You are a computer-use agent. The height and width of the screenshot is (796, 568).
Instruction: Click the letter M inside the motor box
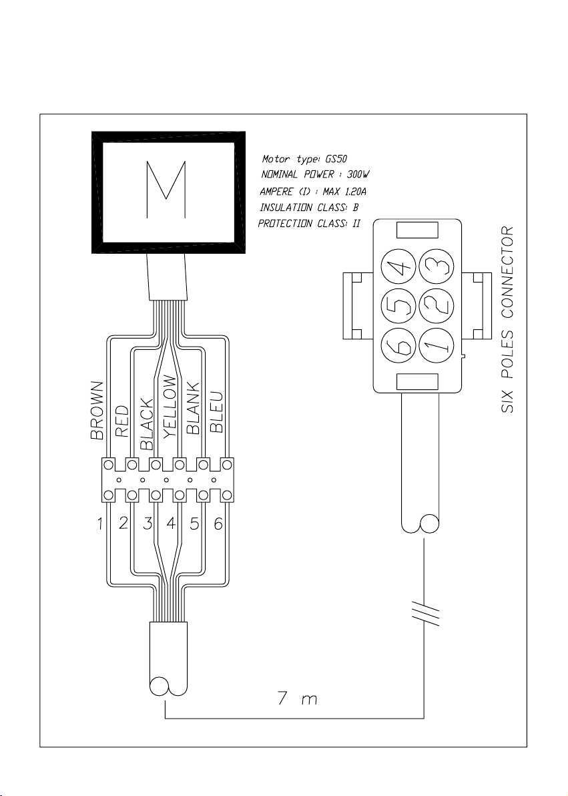click(x=166, y=190)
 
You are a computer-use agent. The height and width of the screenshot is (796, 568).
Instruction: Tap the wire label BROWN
click(x=97, y=410)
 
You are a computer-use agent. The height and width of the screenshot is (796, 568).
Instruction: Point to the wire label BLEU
click(x=217, y=412)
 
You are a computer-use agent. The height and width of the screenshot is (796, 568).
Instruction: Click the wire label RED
click(x=122, y=421)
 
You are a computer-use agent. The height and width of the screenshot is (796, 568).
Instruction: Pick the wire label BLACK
click(x=146, y=425)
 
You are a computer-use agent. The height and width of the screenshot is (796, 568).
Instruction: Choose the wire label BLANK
click(x=194, y=408)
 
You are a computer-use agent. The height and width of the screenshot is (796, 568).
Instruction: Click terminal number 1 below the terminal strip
click(x=100, y=524)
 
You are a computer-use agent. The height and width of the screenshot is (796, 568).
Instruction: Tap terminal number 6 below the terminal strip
click(x=218, y=524)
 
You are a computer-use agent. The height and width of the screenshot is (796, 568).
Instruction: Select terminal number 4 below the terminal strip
click(x=171, y=524)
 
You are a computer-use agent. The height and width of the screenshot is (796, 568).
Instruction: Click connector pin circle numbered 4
click(x=399, y=268)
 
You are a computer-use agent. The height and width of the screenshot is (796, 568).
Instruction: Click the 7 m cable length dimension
click(x=298, y=699)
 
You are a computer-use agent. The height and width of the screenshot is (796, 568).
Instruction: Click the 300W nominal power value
click(x=358, y=175)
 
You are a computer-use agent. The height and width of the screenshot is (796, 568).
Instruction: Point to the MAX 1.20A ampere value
click(x=344, y=192)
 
